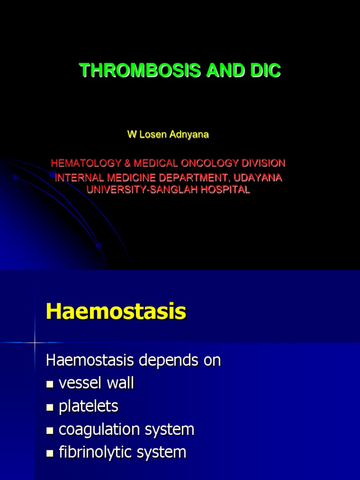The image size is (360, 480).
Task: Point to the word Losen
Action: click(x=151, y=135)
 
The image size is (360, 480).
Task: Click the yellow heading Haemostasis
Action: click(x=116, y=312)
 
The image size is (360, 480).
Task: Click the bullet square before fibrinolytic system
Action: click(x=50, y=453)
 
